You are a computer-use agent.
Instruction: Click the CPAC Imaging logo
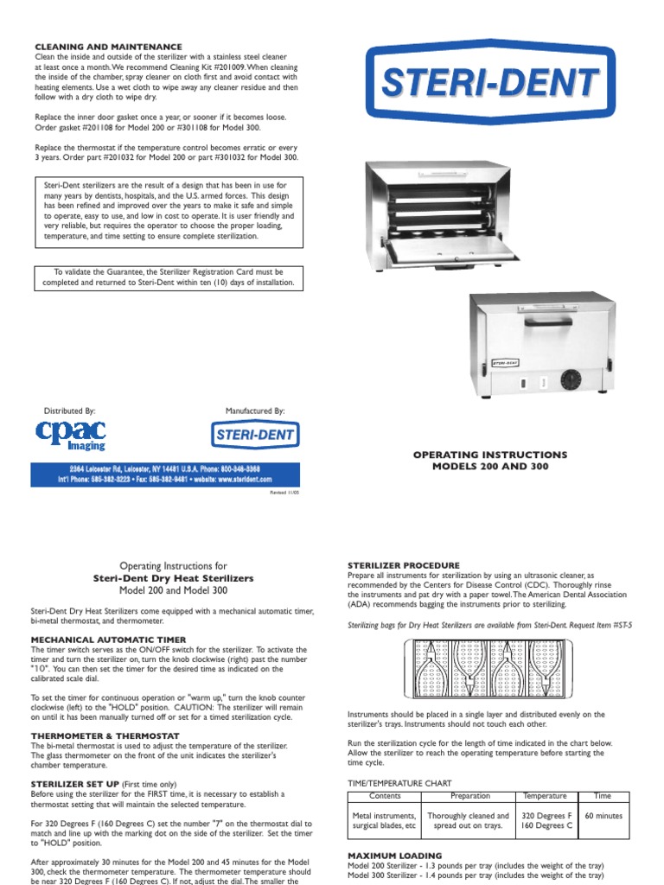click(72, 434)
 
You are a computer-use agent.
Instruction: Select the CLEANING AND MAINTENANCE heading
click(108, 46)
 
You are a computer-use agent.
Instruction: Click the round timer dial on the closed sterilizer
click(571, 381)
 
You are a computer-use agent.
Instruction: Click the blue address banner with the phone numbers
click(164, 474)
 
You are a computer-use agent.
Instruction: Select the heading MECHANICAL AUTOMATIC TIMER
click(104, 640)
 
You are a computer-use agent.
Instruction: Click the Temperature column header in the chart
click(545, 796)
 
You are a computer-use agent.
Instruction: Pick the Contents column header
click(385, 796)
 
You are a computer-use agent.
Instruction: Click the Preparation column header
click(469, 796)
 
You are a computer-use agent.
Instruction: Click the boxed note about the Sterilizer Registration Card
click(168, 277)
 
